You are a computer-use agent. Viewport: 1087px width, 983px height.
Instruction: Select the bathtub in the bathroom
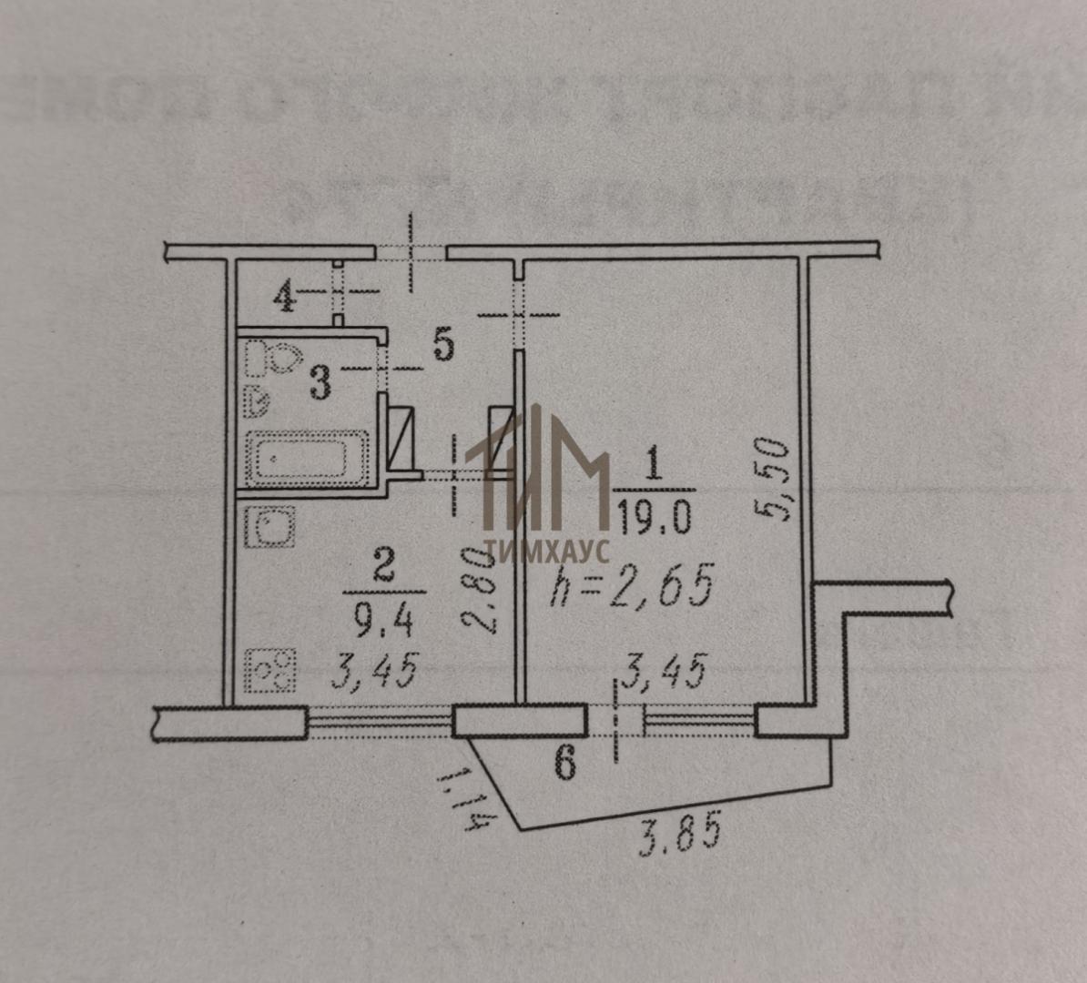(x=307, y=459)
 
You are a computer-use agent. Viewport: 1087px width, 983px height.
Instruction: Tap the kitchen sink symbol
(x=269, y=528)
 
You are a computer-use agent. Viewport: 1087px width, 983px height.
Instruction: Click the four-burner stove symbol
(x=274, y=670)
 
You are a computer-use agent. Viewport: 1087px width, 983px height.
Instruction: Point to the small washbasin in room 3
(x=258, y=398)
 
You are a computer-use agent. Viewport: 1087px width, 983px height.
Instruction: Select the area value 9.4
(x=383, y=622)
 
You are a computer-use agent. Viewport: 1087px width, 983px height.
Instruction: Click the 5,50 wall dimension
(x=771, y=479)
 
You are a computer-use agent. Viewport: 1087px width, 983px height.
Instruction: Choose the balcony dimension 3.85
(x=679, y=832)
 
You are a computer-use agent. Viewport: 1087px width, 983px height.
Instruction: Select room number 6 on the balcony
(x=565, y=763)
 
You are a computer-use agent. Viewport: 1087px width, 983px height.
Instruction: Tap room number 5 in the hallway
(x=442, y=345)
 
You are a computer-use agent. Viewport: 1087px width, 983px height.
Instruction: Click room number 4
(x=285, y=297)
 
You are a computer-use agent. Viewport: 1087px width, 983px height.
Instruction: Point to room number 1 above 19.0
(x=652, y=465)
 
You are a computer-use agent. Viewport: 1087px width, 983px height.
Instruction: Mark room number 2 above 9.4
(x=383, y=570)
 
